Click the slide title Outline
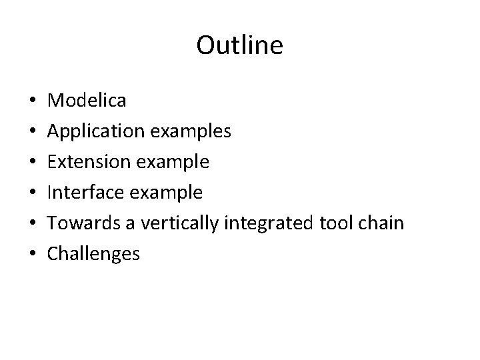click(240, 45)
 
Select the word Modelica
click(87, 100)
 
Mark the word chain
click(379, 223)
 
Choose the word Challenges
click(94, 253)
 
